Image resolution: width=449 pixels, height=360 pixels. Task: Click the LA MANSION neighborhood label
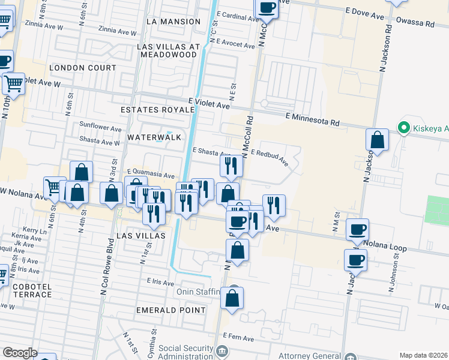click(173, 22)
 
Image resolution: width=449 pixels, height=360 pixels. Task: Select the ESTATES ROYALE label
click(157, 110)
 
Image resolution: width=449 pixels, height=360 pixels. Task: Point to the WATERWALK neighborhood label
click(154, 137)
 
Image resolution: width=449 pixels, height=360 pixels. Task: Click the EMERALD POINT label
click(171, 310)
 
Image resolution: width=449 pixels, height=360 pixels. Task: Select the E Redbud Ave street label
click(270, 157)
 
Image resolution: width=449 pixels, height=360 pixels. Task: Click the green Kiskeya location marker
click(403, 128)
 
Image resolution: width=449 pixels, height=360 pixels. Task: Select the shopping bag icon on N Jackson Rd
click(378, 140)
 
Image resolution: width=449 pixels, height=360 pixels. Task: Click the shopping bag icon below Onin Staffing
click(232, 298)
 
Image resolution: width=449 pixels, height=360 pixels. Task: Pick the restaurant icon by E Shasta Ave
click(231, 166)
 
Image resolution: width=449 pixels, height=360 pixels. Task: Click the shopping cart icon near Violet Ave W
click(13, 84)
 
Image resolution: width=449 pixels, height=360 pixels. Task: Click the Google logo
click(20, 353)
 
